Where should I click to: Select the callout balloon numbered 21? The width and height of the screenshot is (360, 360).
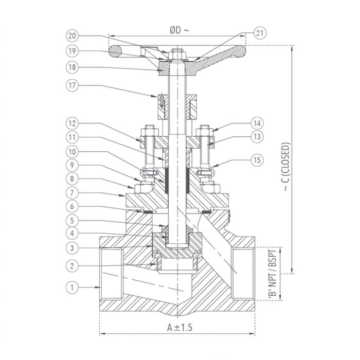pyautogui.click(x=260, y=34)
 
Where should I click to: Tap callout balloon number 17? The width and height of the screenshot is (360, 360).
pyautogui.click(x=72, y=85)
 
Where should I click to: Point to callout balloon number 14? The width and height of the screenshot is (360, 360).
pyautogui.click(x=257, y=123)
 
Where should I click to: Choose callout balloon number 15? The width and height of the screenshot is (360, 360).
pyautogui.click(x=257, y=160)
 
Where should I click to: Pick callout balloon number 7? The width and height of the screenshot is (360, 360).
pyautogui.click(x=72, y=193)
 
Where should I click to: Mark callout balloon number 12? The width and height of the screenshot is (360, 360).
pyautogui.click(x=72, y=123)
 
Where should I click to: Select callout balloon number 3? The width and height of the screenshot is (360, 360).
pyautogui.click(x=72, y=248)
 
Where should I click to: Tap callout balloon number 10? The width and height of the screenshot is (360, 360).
pyautogui.click(x=72, y=153)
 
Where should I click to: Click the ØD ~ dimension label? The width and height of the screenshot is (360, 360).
pyautogui.click(x=179, y=30)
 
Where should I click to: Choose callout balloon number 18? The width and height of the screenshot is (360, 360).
pyautogui.click(x=72, y=67)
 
